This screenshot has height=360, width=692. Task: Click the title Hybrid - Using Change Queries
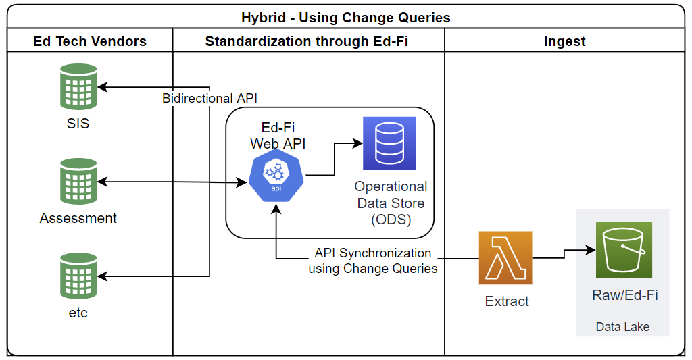click(345, 18)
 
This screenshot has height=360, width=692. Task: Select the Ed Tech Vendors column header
click(90, 41)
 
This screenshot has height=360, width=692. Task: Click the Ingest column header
click(564, 41)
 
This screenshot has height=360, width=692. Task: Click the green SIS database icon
click(78, 86)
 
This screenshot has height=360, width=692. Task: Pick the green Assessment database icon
click(78, 181)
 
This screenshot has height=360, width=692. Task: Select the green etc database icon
click(78, 276)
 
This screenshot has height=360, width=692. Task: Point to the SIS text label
click(78, 124)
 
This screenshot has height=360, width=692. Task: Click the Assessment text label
click(78, 218)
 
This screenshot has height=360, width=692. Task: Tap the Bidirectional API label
click(209, 99)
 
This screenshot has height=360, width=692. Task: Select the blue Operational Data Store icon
click(389, 143)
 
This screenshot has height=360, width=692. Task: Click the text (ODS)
click(391, 220)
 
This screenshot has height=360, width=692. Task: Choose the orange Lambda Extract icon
click(505, 258)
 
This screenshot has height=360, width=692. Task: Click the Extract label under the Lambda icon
click(507, 301)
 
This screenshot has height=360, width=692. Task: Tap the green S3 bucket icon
click(623, 249)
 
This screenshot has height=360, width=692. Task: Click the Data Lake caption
click(622, 327)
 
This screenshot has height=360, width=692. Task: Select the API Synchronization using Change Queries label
click(373, 261)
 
